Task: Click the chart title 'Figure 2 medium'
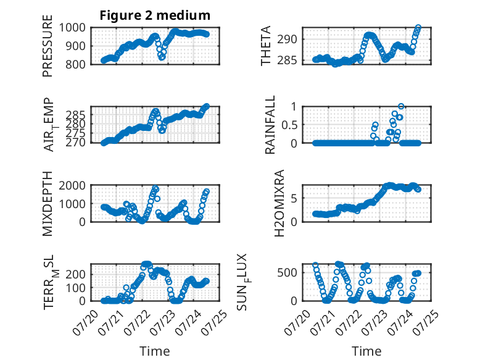155,15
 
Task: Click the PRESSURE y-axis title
48,46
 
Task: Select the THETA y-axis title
266,46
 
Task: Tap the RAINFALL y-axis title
270,125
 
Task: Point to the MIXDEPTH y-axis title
48,204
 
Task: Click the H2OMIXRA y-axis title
279,203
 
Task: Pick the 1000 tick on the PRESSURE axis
72,28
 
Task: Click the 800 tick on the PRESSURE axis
76,64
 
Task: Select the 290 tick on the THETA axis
287,40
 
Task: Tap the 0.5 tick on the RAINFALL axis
289,125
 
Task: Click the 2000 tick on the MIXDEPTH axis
72,185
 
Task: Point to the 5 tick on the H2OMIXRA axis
294,198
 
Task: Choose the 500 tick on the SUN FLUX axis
287,273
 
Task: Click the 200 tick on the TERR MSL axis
76,274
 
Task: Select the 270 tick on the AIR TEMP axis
76,143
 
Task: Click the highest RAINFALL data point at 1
401,106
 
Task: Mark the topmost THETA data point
418,28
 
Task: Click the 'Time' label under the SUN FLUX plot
366,351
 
